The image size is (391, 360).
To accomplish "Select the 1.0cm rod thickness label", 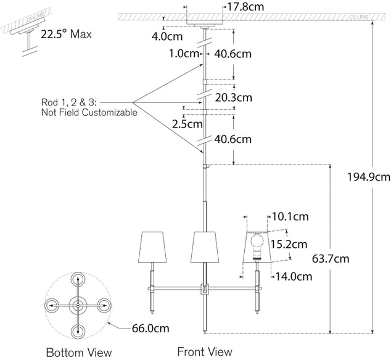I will pyautogui.click(x=184, y=53).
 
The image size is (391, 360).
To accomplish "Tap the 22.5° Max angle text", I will pyautogui.click(x=66, y=35).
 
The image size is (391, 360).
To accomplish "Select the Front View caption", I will pyautogui.click(x=205, y=351).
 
